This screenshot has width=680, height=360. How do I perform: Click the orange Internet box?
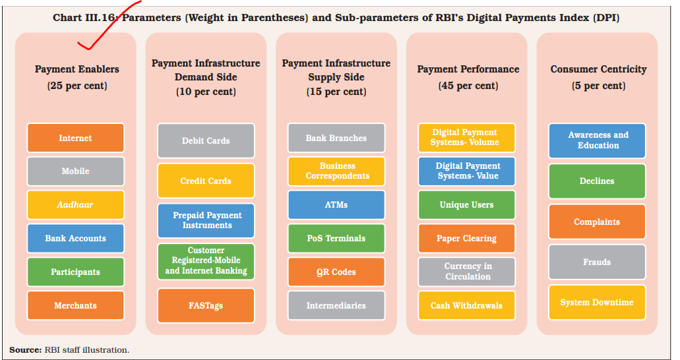(75, 138)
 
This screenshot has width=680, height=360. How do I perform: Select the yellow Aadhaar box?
(75, 204)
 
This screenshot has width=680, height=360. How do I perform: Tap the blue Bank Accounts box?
(75, 238)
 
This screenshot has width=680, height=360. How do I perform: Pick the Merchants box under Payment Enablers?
(75, 305)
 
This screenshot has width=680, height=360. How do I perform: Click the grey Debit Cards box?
(206, 140)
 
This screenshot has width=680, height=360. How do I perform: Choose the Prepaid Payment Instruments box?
(206, 220)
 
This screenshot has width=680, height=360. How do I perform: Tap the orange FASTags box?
(206, 306)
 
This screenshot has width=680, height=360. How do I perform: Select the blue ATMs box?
(336, 204)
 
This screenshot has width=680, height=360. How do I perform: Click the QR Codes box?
(336, 272)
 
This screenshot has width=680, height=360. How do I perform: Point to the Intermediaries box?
(336, 305)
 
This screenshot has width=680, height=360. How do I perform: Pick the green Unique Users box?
(466, 204)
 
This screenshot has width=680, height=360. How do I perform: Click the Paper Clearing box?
(466, 238)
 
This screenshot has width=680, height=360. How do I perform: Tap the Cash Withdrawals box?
(466, 305)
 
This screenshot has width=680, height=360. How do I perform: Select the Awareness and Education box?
(597, 140)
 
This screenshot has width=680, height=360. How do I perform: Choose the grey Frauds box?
(597, 262)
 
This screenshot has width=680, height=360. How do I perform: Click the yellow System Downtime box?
(597, 303)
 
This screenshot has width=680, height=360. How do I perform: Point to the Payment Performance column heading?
(468, 69)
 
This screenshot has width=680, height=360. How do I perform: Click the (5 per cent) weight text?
(598, 86)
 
